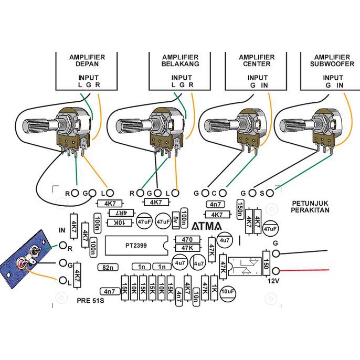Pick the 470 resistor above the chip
(x=187, y=240)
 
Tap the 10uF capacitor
(x=228, y=291)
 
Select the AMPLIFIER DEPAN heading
(x=87, y=60)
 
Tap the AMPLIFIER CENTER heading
(x=257, y=60)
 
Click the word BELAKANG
(x=180, y=64)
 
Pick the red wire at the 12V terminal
(x=304, y=270)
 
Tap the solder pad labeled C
(x=222, y=193)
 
